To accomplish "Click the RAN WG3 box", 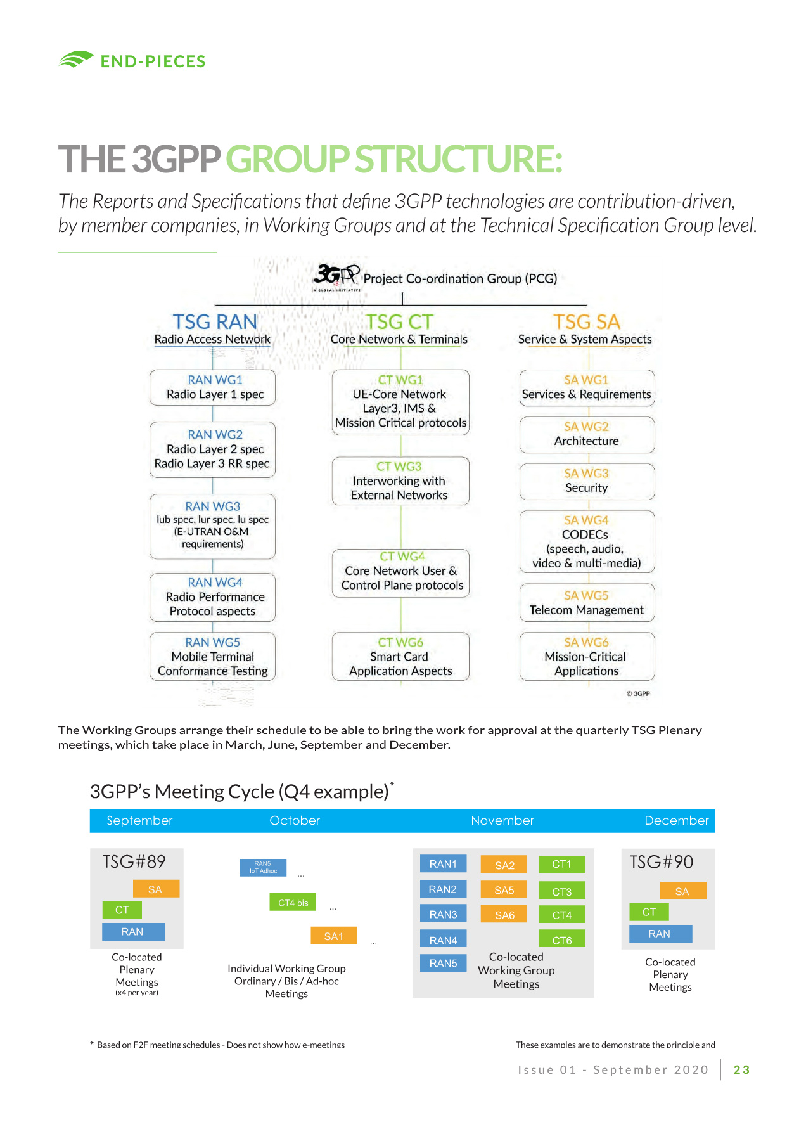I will pos(213,526).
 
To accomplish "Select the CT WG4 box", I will pos(401,573).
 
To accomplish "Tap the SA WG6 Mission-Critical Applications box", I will pos(587,657).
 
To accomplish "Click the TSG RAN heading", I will pos(215,322).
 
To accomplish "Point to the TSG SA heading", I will pos(586,322).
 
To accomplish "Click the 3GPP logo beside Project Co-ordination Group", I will pos(336,277).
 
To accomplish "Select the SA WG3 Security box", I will pos(587,481).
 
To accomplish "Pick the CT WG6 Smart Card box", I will pos(400,657).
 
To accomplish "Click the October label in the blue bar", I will pos(295,820).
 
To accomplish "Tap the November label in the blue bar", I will pos(502,820).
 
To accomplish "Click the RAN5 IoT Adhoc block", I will pos(263,867).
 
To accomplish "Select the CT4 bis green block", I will pos(293,902).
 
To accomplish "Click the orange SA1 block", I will pos(333,936).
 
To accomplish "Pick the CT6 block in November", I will pos(562,939).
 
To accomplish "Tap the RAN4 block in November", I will pos(443,939).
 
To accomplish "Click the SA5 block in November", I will pos(504,890).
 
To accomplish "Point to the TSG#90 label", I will pos(662,862).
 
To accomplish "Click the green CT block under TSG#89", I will pos(122,910).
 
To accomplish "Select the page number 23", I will pos(741,1070).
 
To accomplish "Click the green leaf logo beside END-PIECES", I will pos(76,60).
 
